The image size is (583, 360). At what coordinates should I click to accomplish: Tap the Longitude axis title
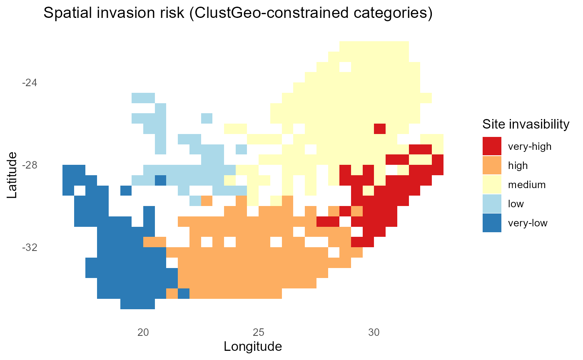pos(253,346)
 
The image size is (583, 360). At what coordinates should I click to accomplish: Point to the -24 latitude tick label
pos(29,82)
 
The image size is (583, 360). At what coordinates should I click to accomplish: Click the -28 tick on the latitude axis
pos(29,165)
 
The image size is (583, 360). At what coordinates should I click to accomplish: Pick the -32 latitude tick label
pos(29,247)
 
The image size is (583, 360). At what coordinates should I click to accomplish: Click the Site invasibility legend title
pos(526,124)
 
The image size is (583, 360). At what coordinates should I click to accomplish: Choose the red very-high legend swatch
pos(492,146)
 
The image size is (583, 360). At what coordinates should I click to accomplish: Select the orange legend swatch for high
pos(492,165)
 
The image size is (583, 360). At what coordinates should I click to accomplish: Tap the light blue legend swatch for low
pos(492,204)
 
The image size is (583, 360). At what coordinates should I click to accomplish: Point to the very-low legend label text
pos(528,223)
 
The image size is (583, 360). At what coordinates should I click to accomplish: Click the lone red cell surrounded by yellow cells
pos(379,129)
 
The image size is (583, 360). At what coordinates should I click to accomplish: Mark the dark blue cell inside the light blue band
pos(160,180)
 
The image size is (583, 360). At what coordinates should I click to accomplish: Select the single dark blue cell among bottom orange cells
pos(184,293)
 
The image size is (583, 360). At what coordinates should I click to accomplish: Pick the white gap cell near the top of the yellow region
pos(345,67)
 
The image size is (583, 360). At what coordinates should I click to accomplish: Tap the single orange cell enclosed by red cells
pos(356,211)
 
